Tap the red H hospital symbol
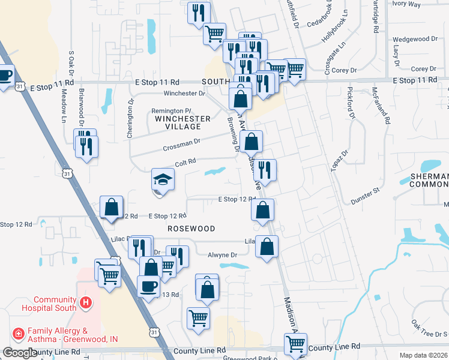(x=86, y=303)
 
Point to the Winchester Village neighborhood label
(x=182, y=122)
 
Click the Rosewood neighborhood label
(x=191, y=229)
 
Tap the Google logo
(x=19, y=353)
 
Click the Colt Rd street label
(x=185, y=162)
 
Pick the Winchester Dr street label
(x=184, y=94)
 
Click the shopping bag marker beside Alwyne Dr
(x=267, y=246)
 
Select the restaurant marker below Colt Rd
(x=264, y=170)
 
